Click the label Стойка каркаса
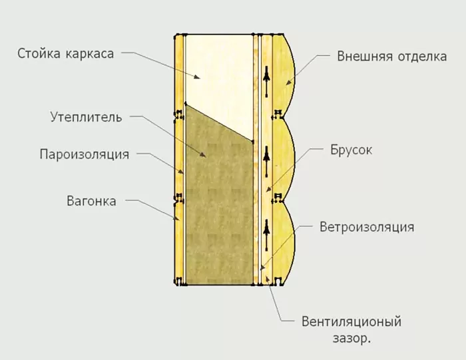(x=65, y=54)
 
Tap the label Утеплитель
(x=86, y=117)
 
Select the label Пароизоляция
(x=85, y=154)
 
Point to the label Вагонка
(x=91, y=201)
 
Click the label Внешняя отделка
(x=391, y=57)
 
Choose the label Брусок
(x=351, y=150)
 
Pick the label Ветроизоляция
(x=367, y=227)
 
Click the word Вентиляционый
(x=351, y=321)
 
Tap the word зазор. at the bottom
(x=352, y=338)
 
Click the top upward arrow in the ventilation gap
(x=266, y=81)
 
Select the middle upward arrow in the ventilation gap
(x=266, y=162)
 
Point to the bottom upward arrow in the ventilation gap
(x=266, y=235)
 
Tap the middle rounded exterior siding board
(x=283, y=159)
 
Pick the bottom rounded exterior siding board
(x=283, y=242)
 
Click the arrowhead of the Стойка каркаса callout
(x=197, y=77)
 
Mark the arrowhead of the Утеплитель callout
(x=203, y=154)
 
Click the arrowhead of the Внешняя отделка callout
(x=288, y=83)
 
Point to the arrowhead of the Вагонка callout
(x=177, y=219)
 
